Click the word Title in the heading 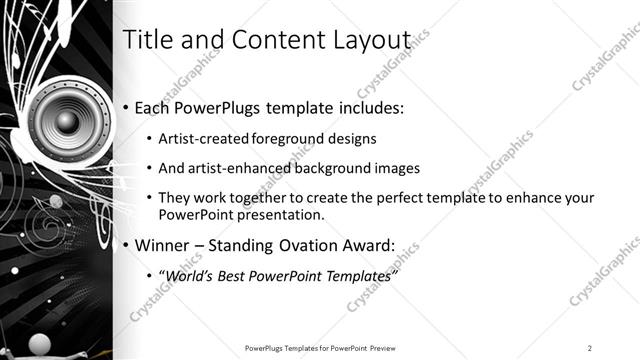(x=144, y=39)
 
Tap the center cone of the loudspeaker (x=66, y=122)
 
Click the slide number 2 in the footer (x=590, y=348)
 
